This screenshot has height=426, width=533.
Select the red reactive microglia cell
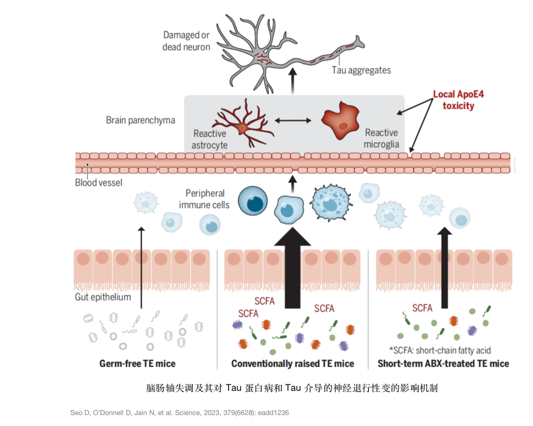point(341,120)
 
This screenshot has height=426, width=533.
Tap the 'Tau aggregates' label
point(361,70)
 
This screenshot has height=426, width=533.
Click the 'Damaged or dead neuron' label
point(186,41)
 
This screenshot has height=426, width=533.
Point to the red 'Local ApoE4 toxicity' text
point(458,100)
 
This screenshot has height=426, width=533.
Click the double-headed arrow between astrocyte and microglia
point(293,120)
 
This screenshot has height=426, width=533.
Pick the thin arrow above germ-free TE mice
point(141,267)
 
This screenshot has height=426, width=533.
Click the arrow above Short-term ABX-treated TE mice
point(444,267)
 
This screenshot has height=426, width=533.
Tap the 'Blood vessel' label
point(98,183)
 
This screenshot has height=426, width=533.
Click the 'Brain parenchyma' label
point(140,120)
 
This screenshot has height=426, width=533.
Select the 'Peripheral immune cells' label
point(204,199)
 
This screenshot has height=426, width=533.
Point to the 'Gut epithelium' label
point(103,297)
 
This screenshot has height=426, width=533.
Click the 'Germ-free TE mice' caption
point(137,364)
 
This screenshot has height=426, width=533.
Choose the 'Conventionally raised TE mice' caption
point(292,364)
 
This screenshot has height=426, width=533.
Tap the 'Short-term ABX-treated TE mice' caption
point(443,364)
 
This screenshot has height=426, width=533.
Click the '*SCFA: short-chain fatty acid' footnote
point(440,350)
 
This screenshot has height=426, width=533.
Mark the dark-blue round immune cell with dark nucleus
point(253,201)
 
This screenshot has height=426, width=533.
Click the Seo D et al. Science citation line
point(179,413)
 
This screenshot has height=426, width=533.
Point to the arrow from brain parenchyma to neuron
point(293,81)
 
